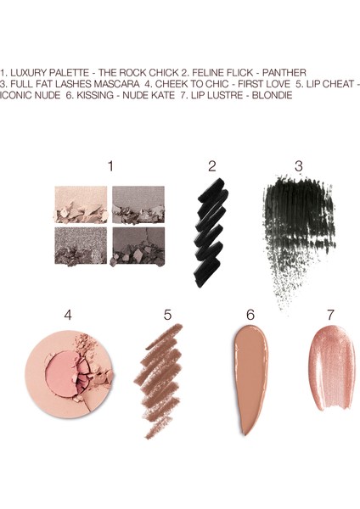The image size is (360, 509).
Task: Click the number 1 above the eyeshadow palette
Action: (x=110, y=165)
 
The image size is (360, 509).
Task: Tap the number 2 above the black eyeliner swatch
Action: (x=212, y=165)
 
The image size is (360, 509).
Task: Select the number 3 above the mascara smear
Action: (x=299, y=165)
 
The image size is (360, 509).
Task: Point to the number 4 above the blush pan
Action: (x=68, y=316)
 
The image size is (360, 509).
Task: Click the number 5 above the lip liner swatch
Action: (x=167, y=316)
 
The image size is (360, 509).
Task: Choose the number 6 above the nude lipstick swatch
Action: (x=250, y=316)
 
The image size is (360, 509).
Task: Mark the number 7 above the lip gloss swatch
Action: (x=331, y=316)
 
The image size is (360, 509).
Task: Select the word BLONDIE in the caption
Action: (x=268, y=97)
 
